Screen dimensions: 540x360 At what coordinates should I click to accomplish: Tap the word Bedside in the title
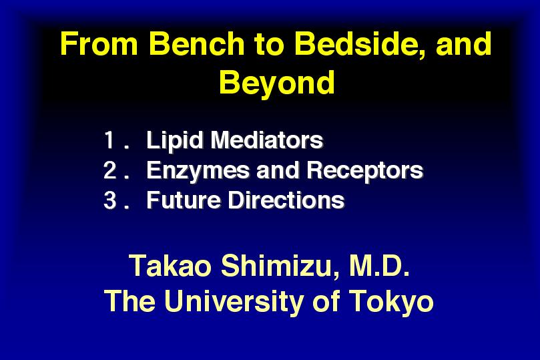point(358,44)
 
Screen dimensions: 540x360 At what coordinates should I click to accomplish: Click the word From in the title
point(99,44)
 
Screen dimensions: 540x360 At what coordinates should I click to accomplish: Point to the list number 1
point(109,140)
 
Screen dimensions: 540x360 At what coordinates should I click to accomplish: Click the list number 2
point(109,170)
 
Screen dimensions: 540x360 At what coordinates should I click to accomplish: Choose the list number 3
point(109,200)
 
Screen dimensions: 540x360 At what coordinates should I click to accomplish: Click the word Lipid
point(175,140)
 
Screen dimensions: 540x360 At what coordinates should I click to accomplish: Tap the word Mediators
point(267,140)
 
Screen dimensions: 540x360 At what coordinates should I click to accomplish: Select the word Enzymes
point(198,170)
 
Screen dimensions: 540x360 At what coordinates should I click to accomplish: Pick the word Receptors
point(364,170)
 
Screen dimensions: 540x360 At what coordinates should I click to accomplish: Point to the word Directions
point(286,200)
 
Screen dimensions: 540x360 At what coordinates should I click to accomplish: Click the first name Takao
point(170,266)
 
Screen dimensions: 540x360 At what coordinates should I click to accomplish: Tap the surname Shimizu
point(280,266)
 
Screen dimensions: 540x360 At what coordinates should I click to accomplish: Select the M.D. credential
point(379,266)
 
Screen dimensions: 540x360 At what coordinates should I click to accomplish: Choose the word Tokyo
point(391,301)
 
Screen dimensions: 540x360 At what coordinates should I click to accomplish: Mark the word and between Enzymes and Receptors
point(278,170)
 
